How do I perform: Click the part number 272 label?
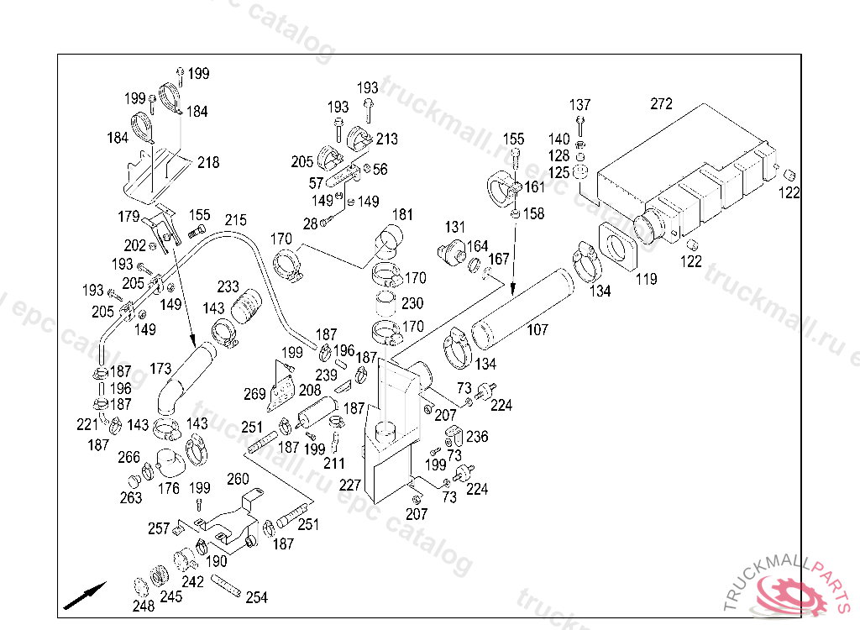[x=661, y=104]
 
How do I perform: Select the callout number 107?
[x=537, y=329]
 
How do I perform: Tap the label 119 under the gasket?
[x=646, y=280]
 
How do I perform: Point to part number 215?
[x=236, y=220]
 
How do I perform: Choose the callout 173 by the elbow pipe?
[x=160, y=368]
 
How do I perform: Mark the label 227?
[x=350, y=485]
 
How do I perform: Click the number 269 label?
[x=255, y=393]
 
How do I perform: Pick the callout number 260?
[x=239, y=479]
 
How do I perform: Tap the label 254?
[x=257, y=597]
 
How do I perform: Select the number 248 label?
[x=144, y=605]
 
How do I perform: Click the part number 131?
[x=455, y=227]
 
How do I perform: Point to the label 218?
[x=208, y=162]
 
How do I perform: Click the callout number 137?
[x=580, y=105]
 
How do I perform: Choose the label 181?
[x=403, y=215]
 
